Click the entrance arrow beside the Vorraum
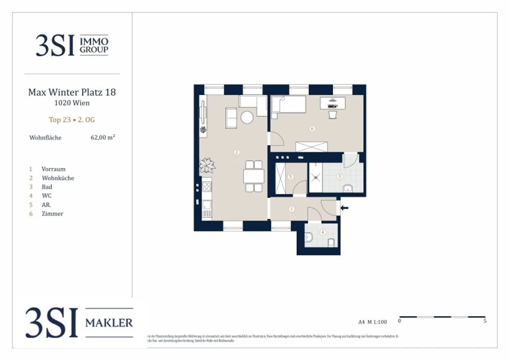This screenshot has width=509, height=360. coord(345,208)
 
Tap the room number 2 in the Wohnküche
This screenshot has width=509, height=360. coord(237,152)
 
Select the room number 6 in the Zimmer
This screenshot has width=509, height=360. coord(312,129)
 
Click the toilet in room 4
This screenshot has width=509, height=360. coord(309,237)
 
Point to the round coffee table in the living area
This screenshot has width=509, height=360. coord(247,117)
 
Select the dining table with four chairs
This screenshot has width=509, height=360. coord(254,176)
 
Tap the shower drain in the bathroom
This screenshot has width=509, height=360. coord(315,178)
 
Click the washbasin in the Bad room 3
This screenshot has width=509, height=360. coord(348,188)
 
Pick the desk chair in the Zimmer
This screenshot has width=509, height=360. coord(333,115)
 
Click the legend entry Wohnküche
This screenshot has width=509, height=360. coord(58,178)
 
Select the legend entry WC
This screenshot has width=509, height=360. coord(47,196)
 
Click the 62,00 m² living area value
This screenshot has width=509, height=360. coord(103,137)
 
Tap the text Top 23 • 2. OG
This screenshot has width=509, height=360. coord(72,120)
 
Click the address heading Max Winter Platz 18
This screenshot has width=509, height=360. coord(72,92)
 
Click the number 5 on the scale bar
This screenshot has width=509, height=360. coord(485,321)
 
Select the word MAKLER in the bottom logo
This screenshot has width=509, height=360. coord(109,323)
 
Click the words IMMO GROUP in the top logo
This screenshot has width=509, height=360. coord(94,45)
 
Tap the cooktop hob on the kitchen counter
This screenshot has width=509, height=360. coord(206,187)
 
